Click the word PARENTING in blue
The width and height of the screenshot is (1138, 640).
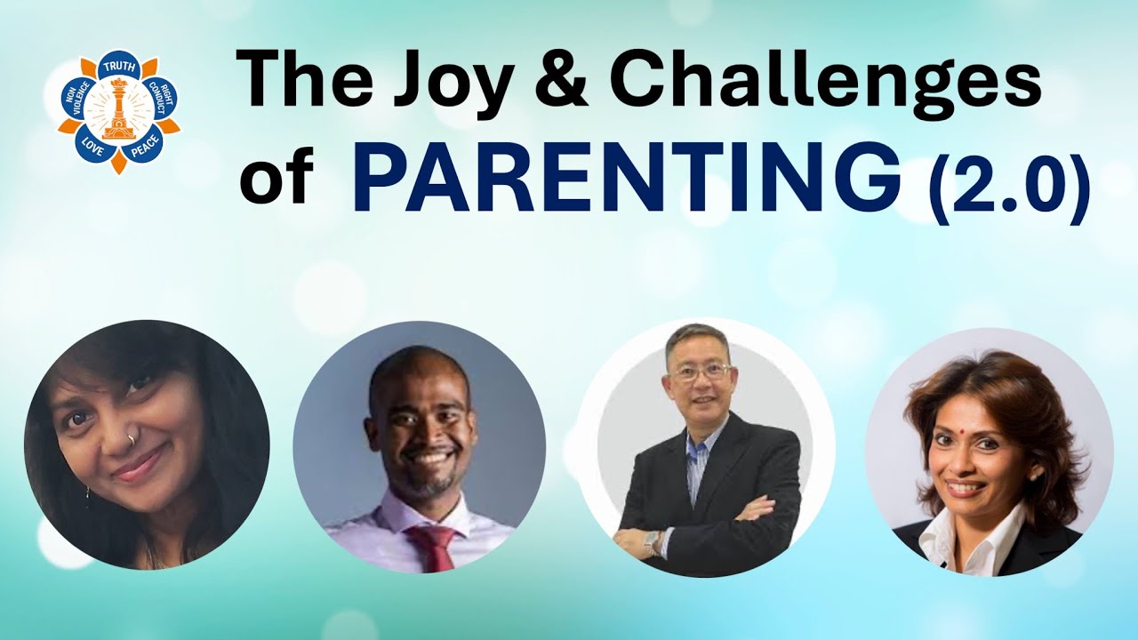pyautogui.click(x=627, y=178)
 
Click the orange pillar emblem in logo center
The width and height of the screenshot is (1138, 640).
pyautogui.click(x=118, y=108)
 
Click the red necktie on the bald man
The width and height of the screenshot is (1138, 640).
pyautogui.click(x=433, y=546)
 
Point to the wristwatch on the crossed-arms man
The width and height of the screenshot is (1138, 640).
pyautogui.click(x=654, y=540)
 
